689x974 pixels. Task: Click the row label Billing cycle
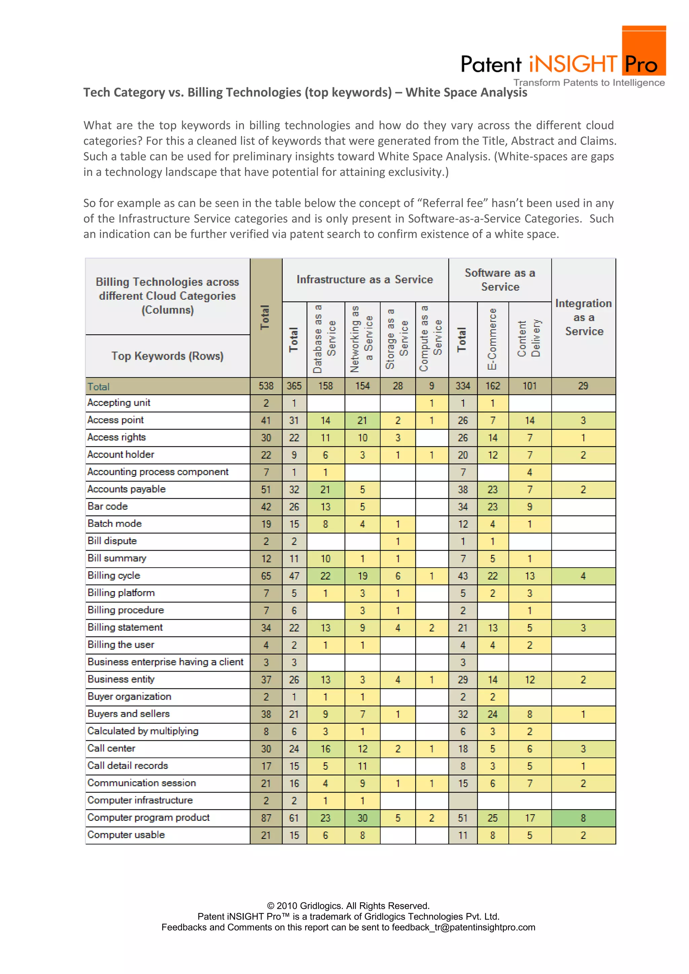(114, 575)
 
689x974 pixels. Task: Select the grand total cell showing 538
(266, 386)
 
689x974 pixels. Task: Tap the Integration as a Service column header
(583, 317)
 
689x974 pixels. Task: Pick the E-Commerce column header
(492, 339)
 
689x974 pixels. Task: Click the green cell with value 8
(583, 818)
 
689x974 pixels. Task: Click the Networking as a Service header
(362, 339)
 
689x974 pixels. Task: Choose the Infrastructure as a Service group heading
(365, 280)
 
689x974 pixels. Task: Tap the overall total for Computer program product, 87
(266, 818)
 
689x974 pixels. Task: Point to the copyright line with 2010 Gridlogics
(348, 906)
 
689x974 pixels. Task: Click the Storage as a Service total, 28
(398, 386)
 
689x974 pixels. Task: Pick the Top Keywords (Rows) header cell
(167, 356)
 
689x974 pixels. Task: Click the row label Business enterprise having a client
(166, 662)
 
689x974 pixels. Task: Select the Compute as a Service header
(431, 339)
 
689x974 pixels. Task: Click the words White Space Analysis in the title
(466, 93)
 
